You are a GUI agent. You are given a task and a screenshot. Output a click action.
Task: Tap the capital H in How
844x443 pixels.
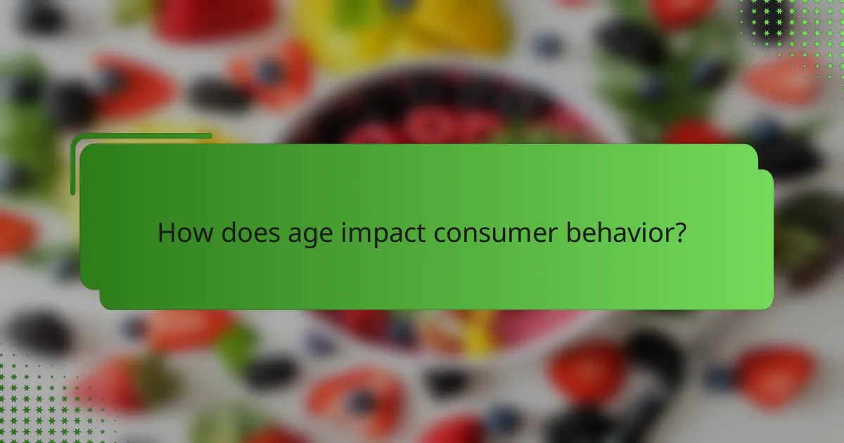pyautogui.click(x=165, y=233)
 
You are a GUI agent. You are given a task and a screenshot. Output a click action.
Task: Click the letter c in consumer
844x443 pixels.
pyautogui.click(x=440, y=234)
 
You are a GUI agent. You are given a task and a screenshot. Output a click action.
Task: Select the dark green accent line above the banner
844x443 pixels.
pyautogui.click(x=141, y=136)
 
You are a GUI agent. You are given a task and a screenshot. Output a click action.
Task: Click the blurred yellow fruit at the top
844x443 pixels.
pyautogui.click(x=401, y=25)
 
